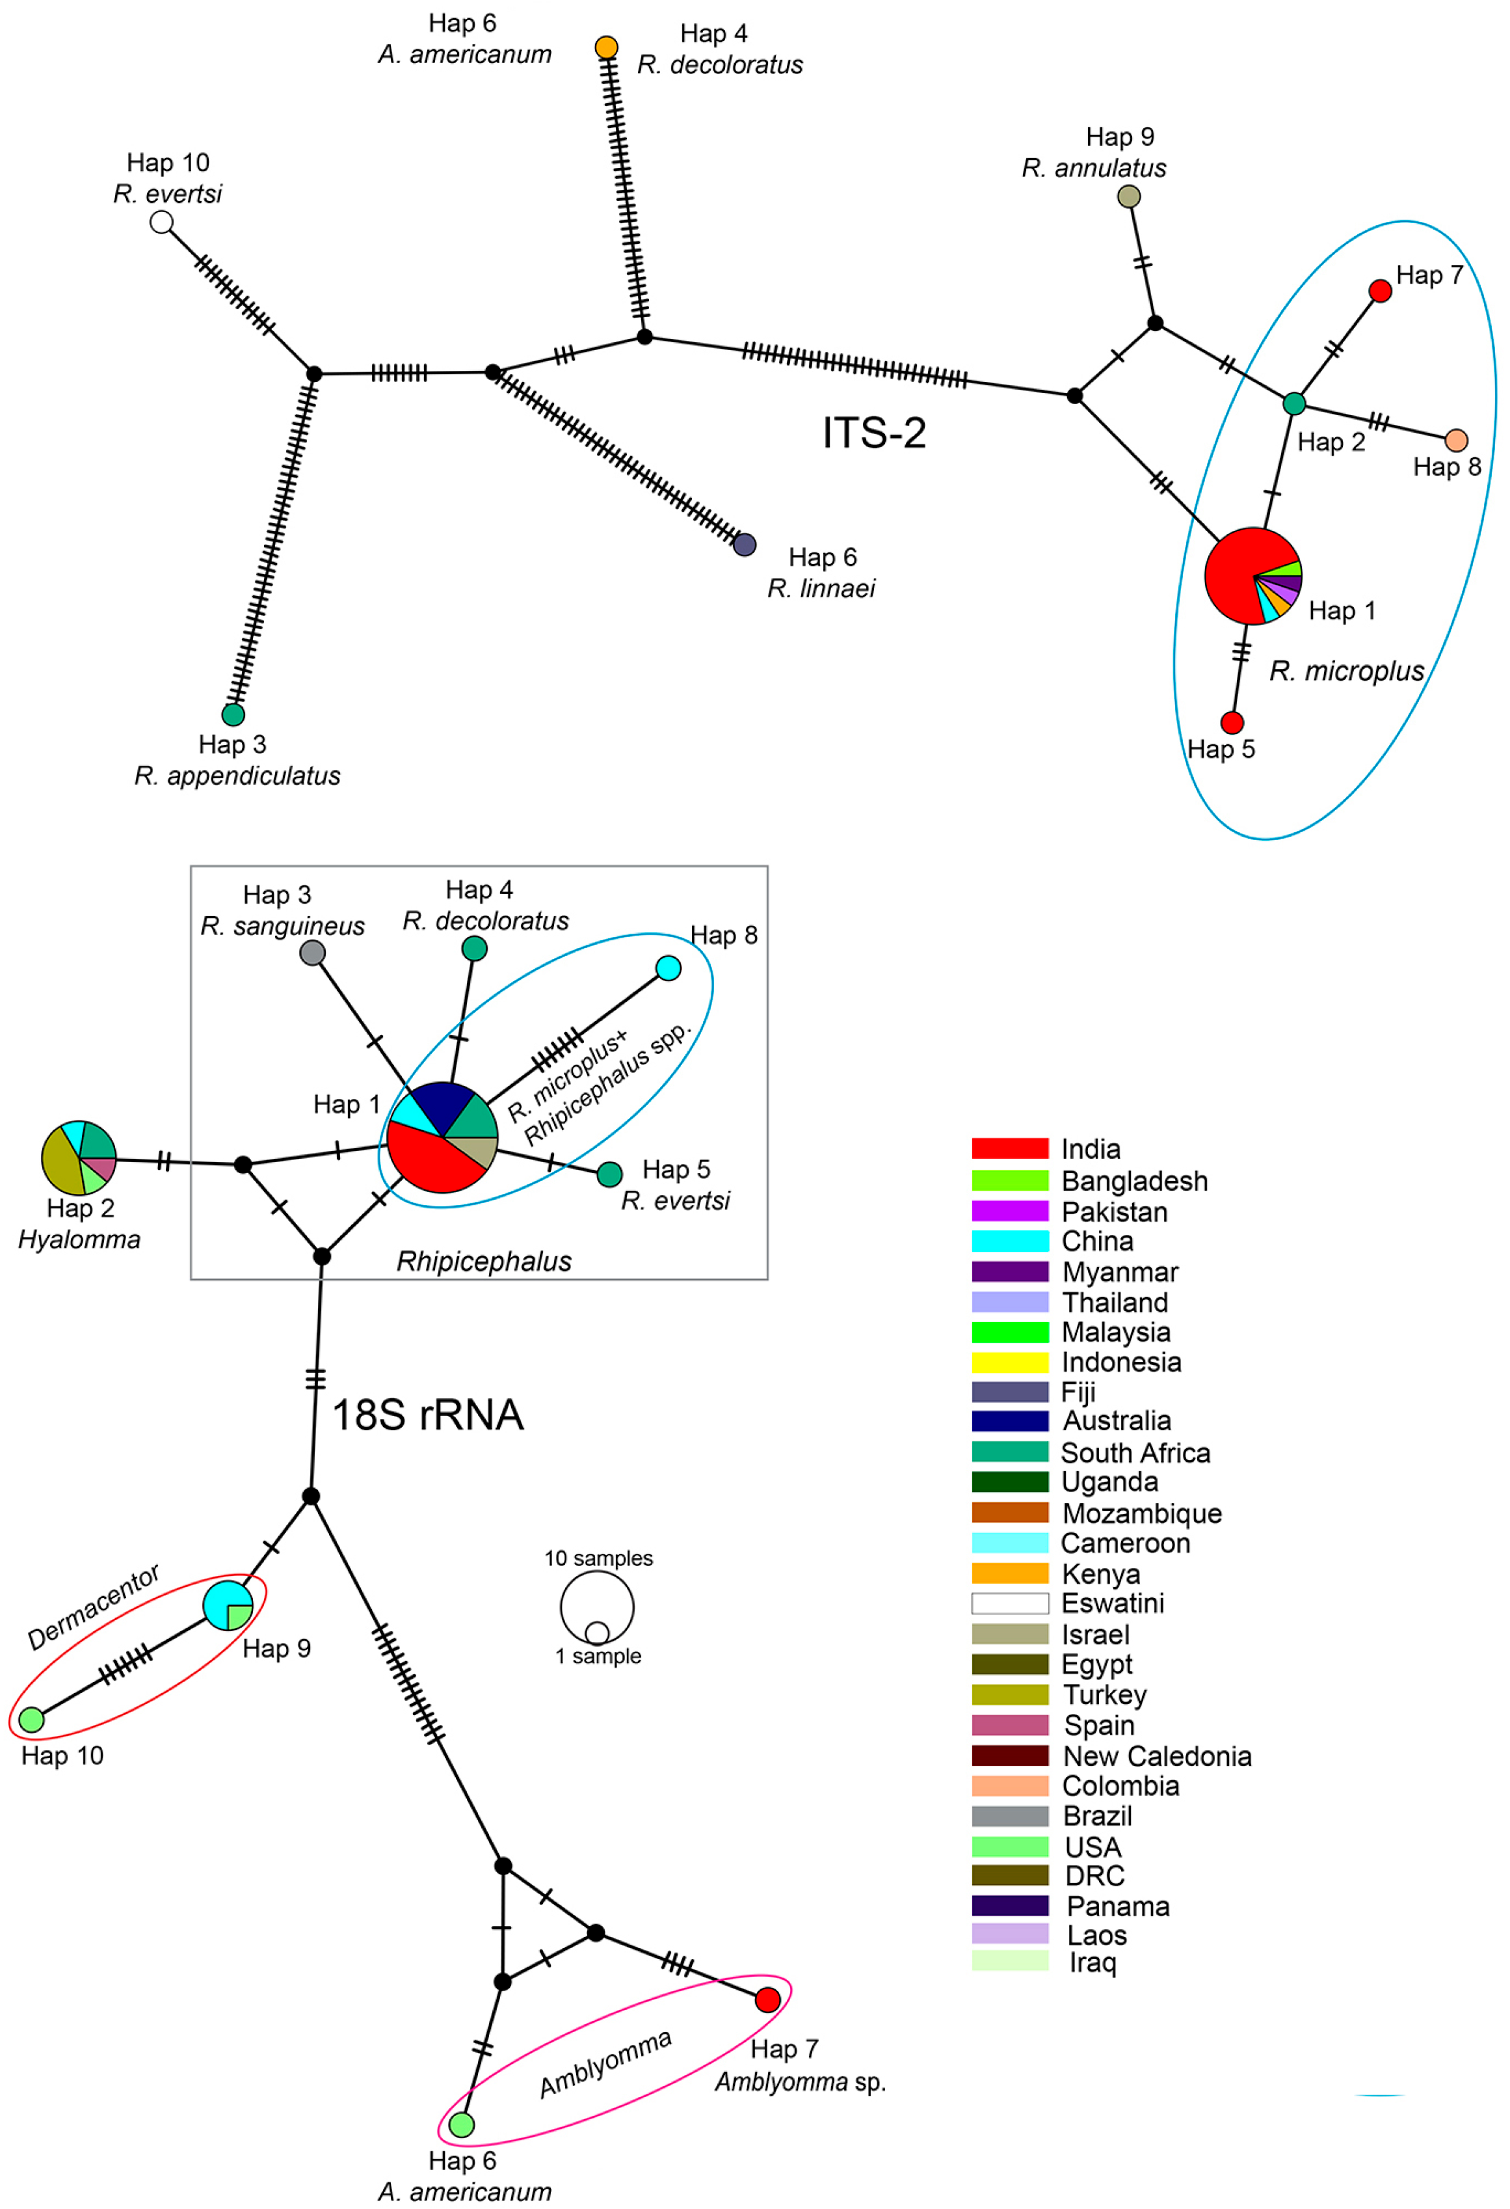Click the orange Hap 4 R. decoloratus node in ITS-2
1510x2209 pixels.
tap(606, 47)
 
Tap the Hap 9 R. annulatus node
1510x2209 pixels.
tap(1128, 197)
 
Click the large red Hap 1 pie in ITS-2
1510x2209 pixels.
tap(1252, 576)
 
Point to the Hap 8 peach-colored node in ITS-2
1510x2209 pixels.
tap(1455, 440)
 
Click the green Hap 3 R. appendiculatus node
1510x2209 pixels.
tap(233, 714)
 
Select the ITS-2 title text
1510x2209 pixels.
tap(873, 433)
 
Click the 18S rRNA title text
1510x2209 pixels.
tap(428, 1415)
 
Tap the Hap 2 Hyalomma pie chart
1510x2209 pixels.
tap(79, 1158)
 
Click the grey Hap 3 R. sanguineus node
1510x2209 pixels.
tap(313, 953)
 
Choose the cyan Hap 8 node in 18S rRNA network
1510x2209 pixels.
tap(668, 968)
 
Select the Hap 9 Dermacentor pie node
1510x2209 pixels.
tap(228, 1605)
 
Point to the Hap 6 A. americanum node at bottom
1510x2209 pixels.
tap(462, 2124)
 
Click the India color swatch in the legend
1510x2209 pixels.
tap(1009, 1148)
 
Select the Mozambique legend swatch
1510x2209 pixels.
tap(1009, 1512)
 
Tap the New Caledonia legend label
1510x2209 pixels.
tap(1156, 1755)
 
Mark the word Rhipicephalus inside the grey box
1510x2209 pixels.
tap(484, 1262)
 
